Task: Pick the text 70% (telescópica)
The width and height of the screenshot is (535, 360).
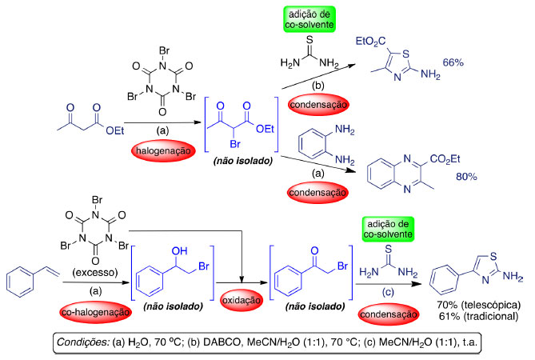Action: point(472,306)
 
